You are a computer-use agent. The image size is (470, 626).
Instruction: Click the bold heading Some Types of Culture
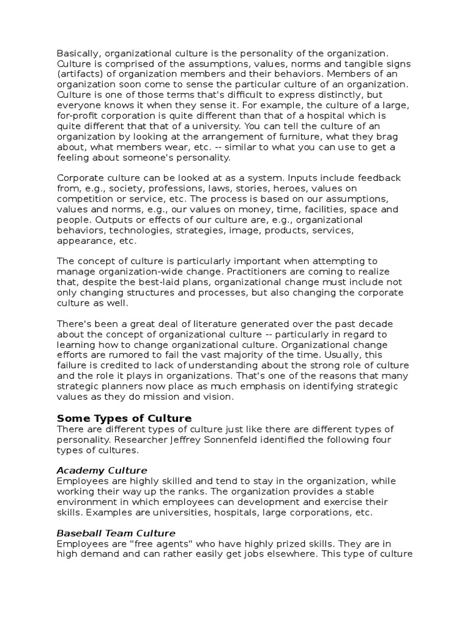pyautogui.click(x=124, y=418)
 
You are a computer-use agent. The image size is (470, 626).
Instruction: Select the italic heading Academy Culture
pyautogui.click(x=102, y=470)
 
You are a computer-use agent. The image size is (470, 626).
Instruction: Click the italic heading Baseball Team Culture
pyautogui.click(x=116, y=533)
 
